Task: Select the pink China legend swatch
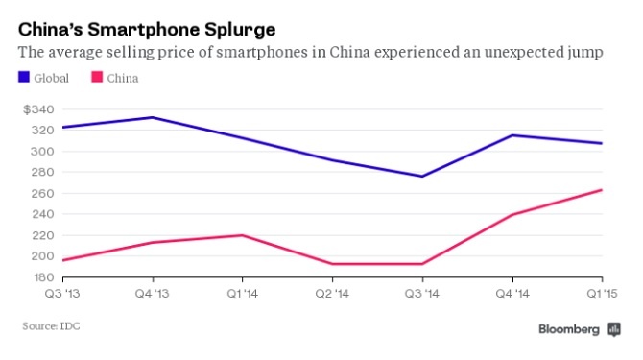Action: [x=96, y=78]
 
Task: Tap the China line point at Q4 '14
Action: [x=513, y=215]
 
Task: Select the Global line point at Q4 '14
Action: [x=513, y=135]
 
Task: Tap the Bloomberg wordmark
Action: [x=567, y=329]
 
